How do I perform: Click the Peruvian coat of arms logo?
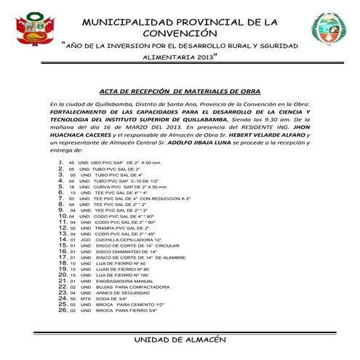tap(31, 29)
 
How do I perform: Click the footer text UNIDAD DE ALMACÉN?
tap(180, 340)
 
